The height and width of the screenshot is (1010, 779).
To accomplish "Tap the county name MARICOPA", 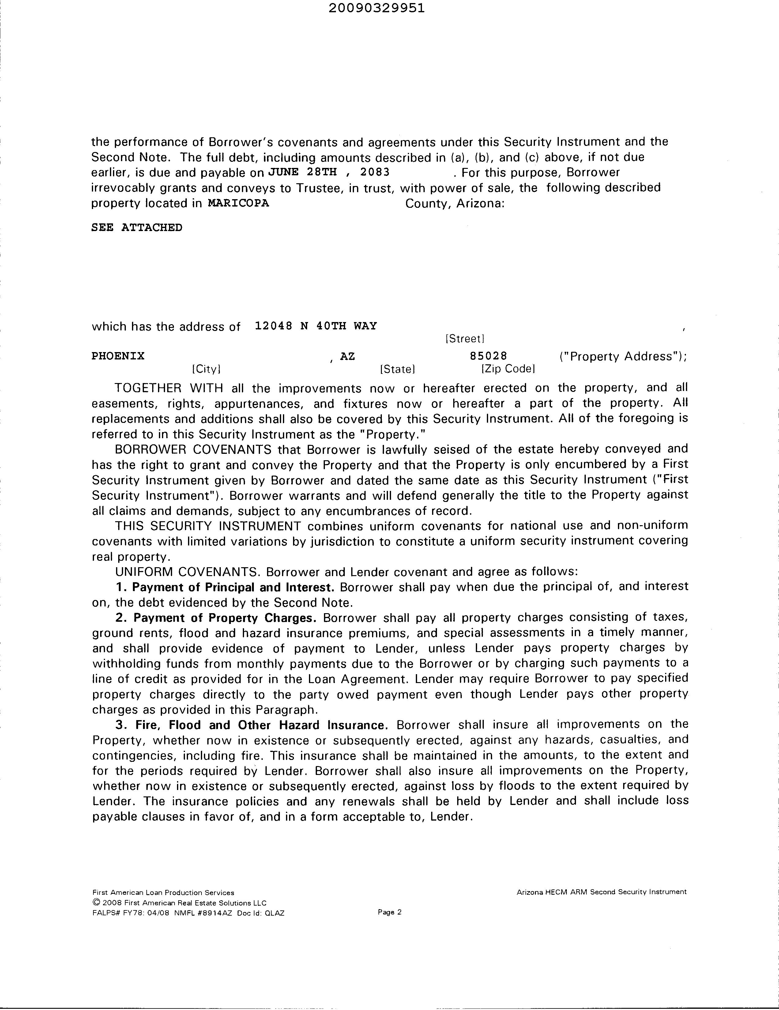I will (x=239, y=203).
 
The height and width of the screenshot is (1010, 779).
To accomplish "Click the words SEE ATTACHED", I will (x=137, y=228).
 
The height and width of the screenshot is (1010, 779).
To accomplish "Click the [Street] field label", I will (x=464, y=339).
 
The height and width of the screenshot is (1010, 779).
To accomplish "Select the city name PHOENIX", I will (x=118, y=356).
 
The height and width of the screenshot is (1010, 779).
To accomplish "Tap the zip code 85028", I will (x=488, y=356).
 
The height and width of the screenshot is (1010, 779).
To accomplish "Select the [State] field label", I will (x=397, y=369).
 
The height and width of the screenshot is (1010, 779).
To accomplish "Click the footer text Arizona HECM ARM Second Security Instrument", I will (x=601, y=892).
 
